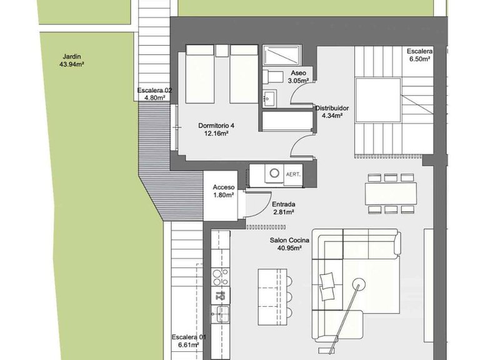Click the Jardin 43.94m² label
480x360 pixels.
[72, 60]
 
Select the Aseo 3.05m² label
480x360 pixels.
[298, 77]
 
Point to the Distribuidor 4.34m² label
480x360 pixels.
[332, 112]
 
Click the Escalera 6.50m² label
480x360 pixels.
[420, 55]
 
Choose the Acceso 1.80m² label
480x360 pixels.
[224, 191]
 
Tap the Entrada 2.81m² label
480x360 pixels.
[284, 208]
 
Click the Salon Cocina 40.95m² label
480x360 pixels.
[289, 244]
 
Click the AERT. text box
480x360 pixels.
[293, 174]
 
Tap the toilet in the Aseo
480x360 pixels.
[272, 76]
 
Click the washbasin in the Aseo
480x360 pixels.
[269, 98]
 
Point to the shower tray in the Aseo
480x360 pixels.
[282, 55]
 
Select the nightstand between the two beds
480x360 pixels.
[222, 51]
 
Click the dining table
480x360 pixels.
[391, 194]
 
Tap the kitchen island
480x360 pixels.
[272, 297]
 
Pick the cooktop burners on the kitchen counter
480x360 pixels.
[221, 277]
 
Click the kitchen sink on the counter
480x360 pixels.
[221, 314]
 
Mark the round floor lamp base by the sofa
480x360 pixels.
[359, 285]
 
